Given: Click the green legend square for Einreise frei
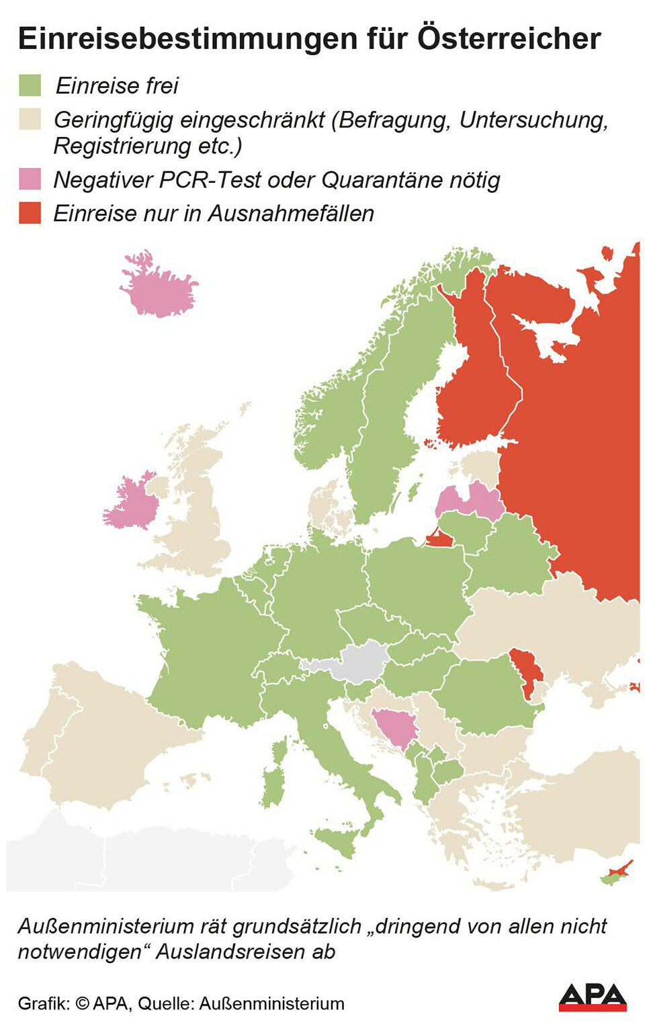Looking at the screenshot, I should pyautogui.click(x=30, y=85).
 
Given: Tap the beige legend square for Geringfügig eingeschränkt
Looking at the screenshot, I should pyautogui.click(x=30, y=120).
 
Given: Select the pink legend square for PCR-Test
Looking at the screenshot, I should pyautogui.click(x=30, y=179).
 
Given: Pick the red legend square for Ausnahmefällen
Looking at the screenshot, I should pyautogui.click(x=30, y=213).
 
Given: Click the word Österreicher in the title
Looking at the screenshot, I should pyautogui.click(x=509, y=38).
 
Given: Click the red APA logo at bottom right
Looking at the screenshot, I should pyautogui.click(x=592, y=997).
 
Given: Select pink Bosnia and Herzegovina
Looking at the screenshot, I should pyautogui.click(x=394, y=729).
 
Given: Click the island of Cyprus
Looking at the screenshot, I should pyautogui.click(x=615, y=875).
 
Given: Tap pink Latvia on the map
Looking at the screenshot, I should pyautogui.click(x=470, y=500).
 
